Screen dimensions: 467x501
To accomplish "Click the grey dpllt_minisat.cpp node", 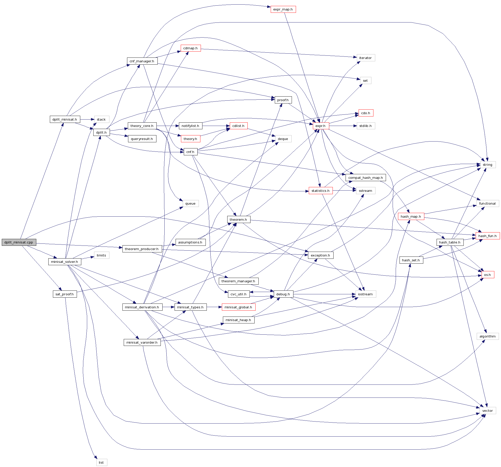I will [x=19, y=242].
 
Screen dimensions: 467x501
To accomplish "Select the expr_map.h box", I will [x=283, y=9].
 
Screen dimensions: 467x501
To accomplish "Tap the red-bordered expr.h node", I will [x=321, y=126].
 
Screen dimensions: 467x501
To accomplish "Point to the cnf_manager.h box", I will [x=142, y=61].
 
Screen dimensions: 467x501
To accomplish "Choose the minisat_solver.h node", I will [x=65, y=262].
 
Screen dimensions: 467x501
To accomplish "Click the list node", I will [x=101, y=462].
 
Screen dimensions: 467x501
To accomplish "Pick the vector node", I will [x=487, y=411].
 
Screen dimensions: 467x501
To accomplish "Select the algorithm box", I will [x=487, y=336].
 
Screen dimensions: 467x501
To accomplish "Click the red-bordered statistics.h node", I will [x=321, y=191].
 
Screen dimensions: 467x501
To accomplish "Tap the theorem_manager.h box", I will [x=238, y=281].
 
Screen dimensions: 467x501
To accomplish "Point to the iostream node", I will [x=366, y=294].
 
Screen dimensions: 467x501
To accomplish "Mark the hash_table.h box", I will [x=450, y=242].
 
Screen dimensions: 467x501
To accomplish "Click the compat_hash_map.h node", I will [x=366, y=178].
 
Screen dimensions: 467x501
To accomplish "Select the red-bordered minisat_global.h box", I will [x=238, y=307].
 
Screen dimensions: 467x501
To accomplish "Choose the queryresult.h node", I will [x=142, y=139].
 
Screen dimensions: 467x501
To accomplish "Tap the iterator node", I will [x=366, y=58].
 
